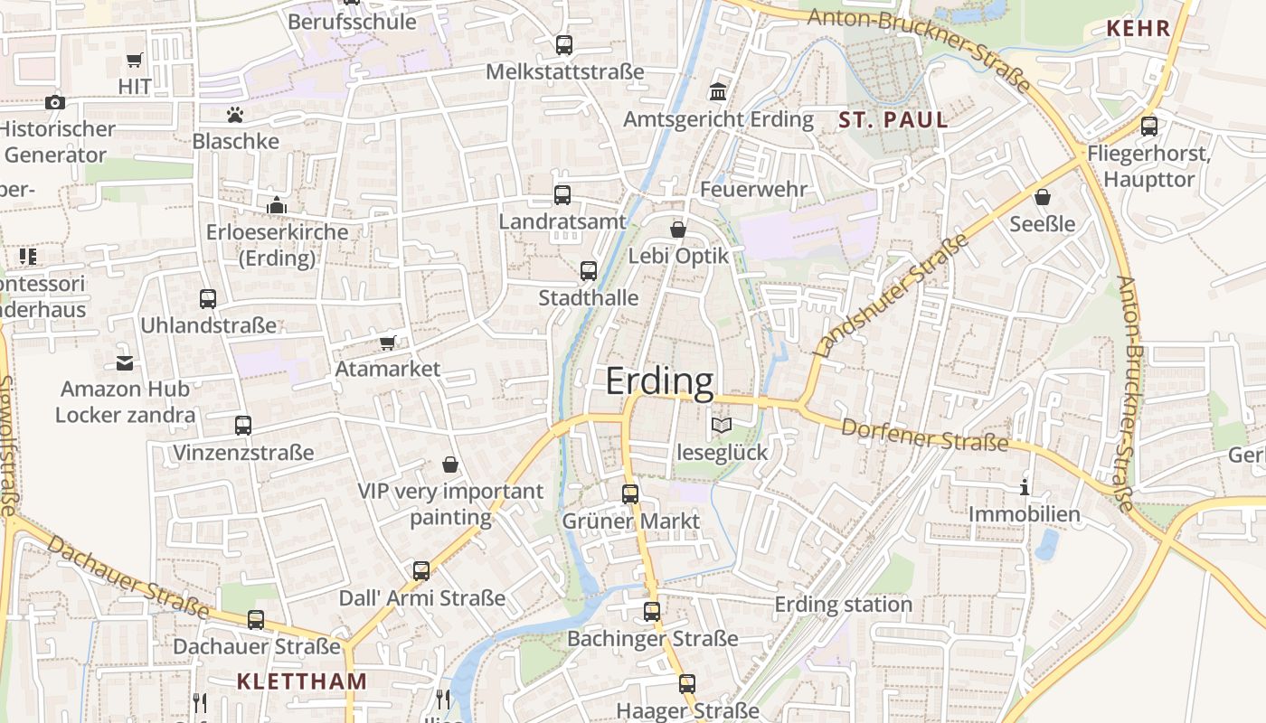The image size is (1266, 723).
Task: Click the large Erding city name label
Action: [x=659, y=381]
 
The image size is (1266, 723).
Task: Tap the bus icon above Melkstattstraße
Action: [x=564, y=44]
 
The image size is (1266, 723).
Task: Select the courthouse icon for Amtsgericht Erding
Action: [x=719, y=92]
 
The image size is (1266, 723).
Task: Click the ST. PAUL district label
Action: [x=893, y=119]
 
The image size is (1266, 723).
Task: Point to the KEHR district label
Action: [x=1138, y=28]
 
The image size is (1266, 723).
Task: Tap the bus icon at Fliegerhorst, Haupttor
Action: [x=1148, y=126]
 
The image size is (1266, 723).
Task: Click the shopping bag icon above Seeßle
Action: [x=1043, y=196]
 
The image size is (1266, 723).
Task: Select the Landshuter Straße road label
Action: [x=892, y=295]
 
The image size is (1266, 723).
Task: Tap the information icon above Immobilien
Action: [x=1025, y=487]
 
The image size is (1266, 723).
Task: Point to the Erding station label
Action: [x=843, y=605]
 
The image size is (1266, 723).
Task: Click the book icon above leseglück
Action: [x=721, y=425]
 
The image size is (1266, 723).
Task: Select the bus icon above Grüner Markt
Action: [x=630, y=493]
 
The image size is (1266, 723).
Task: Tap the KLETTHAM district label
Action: [x=302, y=681]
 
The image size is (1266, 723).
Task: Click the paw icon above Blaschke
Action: [x=235, y=115]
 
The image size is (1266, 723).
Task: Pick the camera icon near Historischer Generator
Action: [x=55, y=102]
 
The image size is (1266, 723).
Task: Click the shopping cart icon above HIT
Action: [x=135, y=60]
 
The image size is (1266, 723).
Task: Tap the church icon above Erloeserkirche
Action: [x=277, y=205]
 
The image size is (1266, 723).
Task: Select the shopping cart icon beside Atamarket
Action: [x=388, y=343]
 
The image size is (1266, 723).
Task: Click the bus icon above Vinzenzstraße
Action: [x=242, y=425]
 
